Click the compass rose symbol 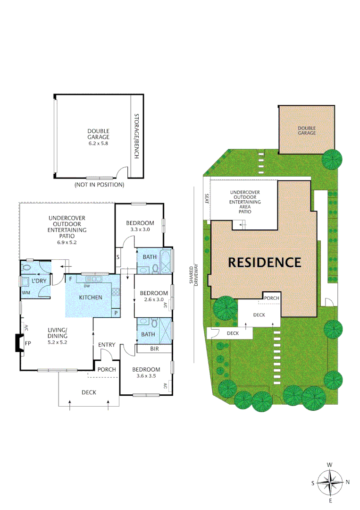(x=330, y=482)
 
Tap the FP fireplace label (x=27, y=343)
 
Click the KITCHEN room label (x=90, y=297)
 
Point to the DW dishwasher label (x=86, y=286)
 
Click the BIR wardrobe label (x=154, y=349)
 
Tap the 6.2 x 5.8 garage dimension (x=98, y=143)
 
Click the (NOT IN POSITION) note (x=100, y=185)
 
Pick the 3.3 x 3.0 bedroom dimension (x=140, y=229)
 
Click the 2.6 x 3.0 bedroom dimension (x=153, y=299)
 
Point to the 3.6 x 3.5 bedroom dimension (x=146, y=376)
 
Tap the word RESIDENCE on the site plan (x=264, y=262)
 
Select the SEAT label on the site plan (x=207, y=197)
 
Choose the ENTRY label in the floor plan (x=107, y=345)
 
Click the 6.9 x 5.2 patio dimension (x=67, y=242)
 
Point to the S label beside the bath (x=117, y=257)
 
